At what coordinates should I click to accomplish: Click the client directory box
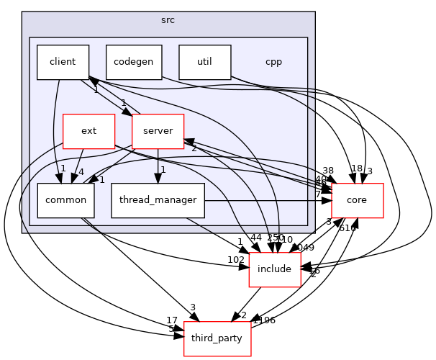[63, 62]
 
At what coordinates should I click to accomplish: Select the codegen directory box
[133, 62]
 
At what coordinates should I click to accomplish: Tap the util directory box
[204, 62]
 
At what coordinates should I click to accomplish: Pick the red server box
[158, 131]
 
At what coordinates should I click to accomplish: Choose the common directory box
[66, 201]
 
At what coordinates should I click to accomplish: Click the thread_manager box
[158, 201]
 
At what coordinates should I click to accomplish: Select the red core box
[357, 201]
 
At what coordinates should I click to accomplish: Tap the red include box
[274, 269]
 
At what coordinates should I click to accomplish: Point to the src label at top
[168, 19]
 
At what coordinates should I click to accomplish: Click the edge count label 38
[329, 171]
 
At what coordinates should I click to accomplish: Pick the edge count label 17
[171, 321]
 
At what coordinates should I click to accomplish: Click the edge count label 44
[256, 238]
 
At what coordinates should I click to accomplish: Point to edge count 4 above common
[80, 172]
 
